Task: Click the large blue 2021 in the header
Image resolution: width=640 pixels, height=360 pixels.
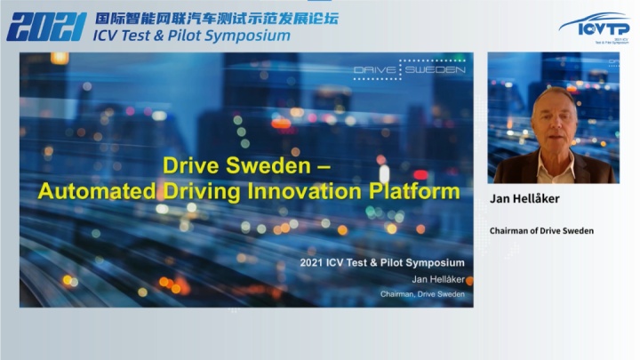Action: point(46,27)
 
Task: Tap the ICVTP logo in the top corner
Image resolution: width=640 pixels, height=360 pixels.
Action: point(595,27)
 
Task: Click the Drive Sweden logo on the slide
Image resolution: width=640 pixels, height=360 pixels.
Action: point(410,69)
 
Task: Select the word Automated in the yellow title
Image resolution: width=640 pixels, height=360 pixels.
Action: point(97,191)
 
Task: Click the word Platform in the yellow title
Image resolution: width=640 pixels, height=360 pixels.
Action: point(414,191)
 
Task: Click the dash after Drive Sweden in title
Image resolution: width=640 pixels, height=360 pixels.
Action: point(324,166)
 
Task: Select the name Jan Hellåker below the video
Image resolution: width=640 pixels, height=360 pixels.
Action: point(524,199)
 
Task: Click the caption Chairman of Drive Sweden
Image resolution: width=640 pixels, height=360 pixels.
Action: point(541,231)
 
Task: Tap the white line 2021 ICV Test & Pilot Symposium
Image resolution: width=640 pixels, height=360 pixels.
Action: point(382,263)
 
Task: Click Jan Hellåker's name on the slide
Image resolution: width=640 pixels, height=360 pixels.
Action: point(438,280)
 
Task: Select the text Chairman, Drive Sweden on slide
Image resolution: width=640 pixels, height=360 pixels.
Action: point(422,294)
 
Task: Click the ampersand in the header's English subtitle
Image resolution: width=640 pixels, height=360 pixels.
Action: point(159,36)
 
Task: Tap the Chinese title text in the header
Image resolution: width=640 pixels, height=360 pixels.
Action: point(217,19)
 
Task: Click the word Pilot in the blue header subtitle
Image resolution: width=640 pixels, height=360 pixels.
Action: point(184,36)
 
